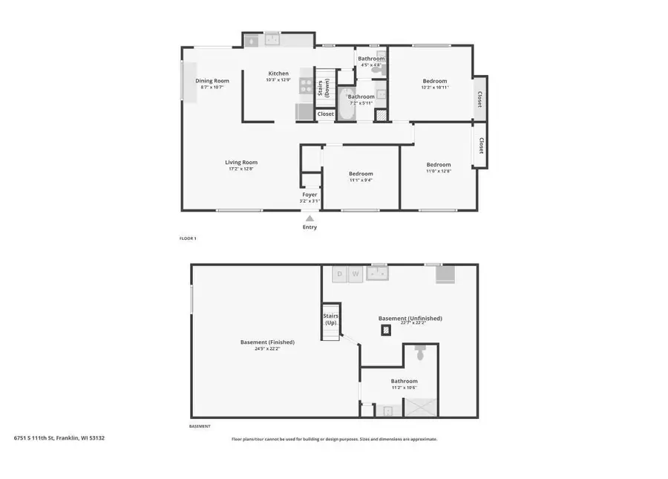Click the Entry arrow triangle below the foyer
[310, 218]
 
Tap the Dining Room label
[212, 81]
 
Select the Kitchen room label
[278, 74]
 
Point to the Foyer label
[310, 195]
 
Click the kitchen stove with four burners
[306, 85]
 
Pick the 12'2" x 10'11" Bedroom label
[435, 81]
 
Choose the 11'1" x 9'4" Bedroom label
[361, 174]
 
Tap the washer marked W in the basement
[356, 274]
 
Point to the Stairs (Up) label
[330, 319]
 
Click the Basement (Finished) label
[267, 342]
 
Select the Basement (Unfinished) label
[410, 318]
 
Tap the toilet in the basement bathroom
[420, 353]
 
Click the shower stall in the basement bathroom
[419, 407]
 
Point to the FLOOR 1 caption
[188, 238]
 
